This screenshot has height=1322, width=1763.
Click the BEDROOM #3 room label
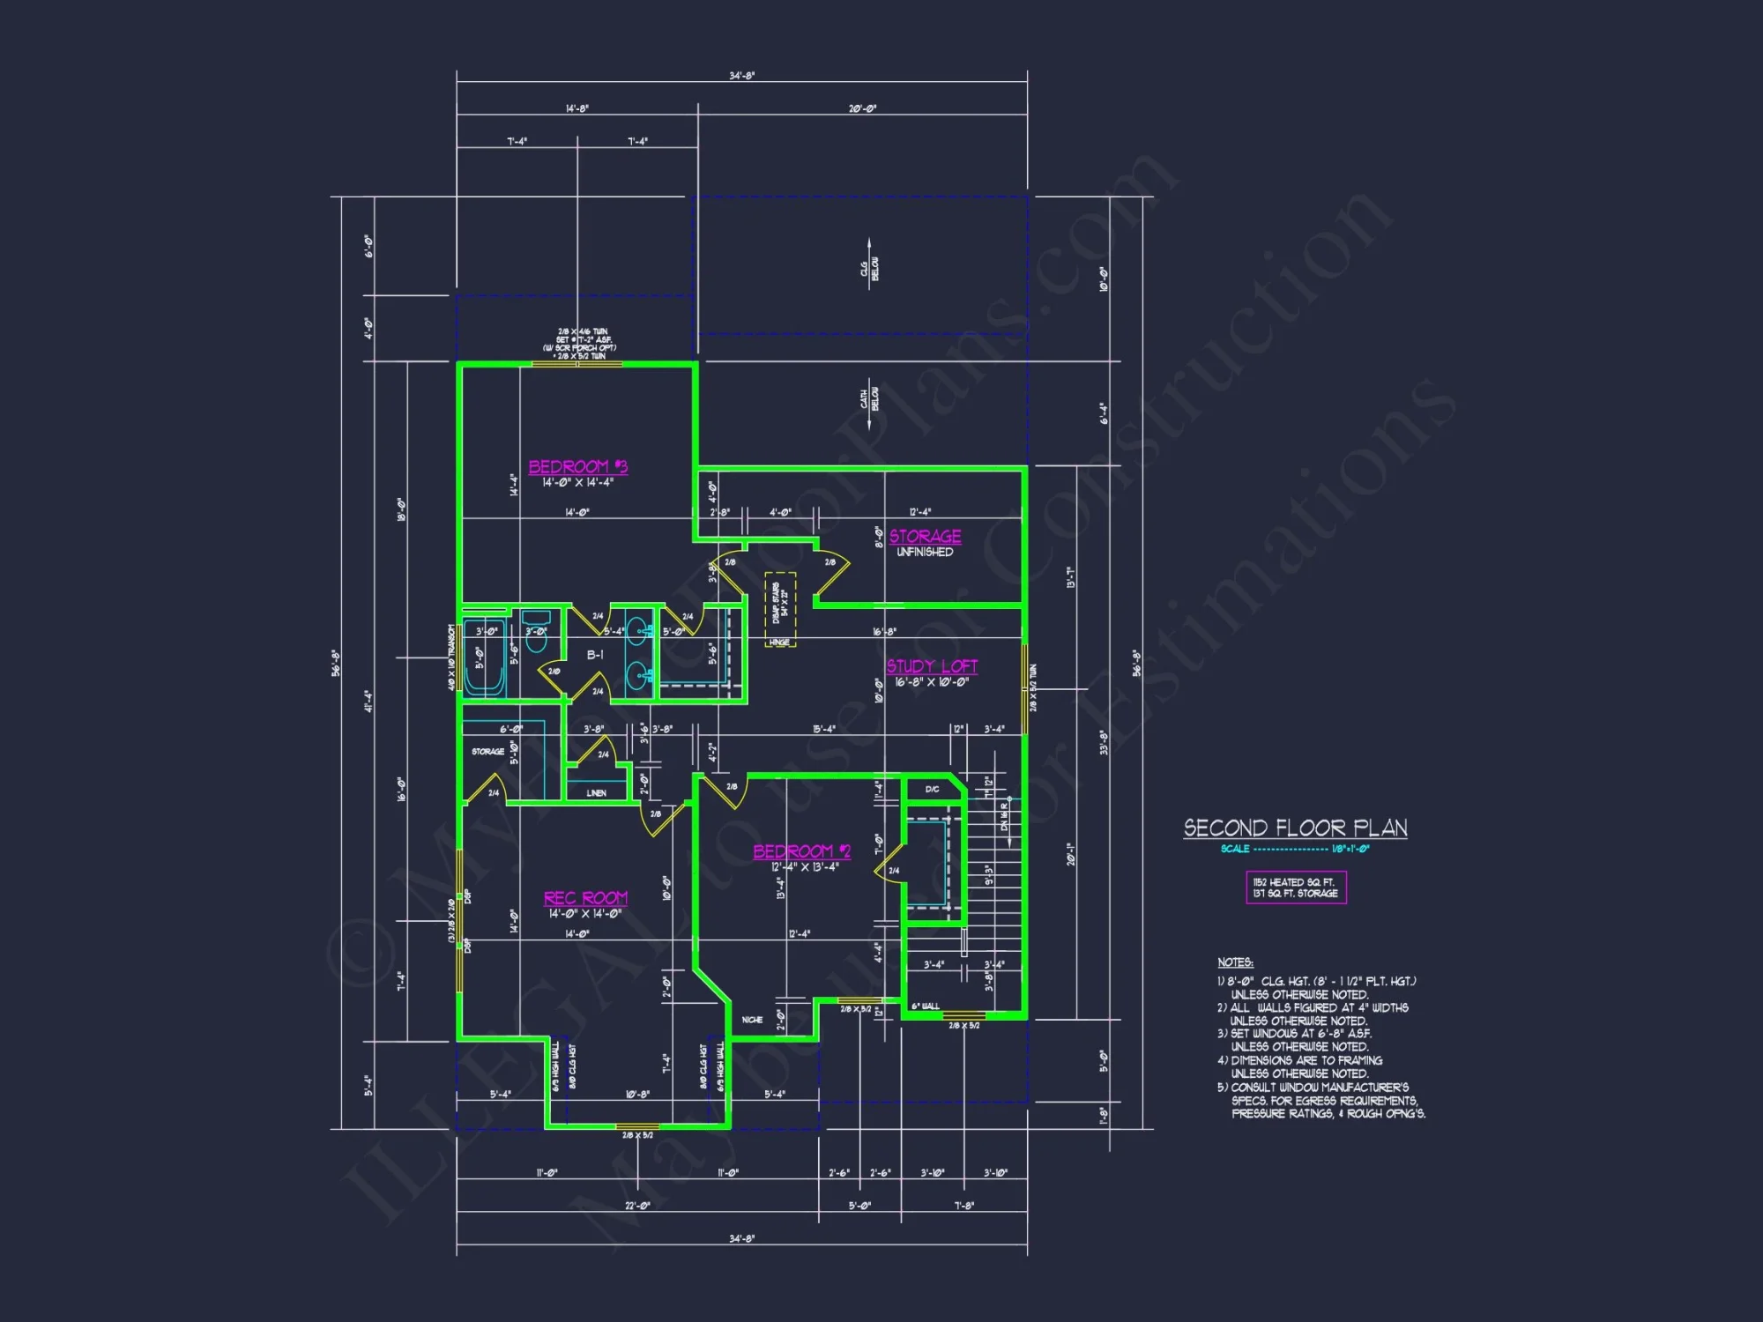[577, 466]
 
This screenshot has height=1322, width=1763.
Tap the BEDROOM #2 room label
[801, 850]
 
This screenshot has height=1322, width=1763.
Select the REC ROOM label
[585, 897]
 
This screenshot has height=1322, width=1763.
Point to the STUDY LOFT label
[932, 666]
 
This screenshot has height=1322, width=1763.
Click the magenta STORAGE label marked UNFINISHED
[925, 536]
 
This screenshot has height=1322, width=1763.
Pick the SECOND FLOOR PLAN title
[1295, 828]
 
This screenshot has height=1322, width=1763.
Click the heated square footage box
[1295, 888]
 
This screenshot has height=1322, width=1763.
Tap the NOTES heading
[1235, 962]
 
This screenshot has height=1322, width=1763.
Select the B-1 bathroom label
[595, 655]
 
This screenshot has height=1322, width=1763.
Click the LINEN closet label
[597, 793]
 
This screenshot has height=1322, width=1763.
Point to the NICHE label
[752, 1020]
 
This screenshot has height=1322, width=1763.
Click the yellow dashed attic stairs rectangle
[780, 609]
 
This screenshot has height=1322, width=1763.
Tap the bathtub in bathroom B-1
[484, 658]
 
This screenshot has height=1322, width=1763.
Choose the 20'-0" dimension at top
[862, 108]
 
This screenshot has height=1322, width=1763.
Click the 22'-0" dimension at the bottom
[637, 1206]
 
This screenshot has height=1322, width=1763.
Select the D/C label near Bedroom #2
[932, 790]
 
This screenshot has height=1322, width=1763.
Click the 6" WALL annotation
[925, 1006]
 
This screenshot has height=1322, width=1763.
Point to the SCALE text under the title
[1235, 849]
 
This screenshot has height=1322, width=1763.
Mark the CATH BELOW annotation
[870, 399]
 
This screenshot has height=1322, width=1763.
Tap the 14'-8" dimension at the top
[577, 108]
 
